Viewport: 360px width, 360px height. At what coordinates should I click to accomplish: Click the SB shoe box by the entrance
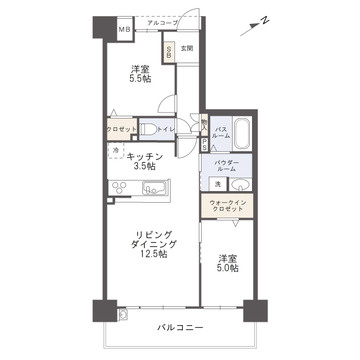pos(170,50)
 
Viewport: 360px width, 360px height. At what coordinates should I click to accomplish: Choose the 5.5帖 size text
pos(140,82)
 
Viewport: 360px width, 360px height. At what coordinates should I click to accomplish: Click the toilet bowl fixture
pos(147,128)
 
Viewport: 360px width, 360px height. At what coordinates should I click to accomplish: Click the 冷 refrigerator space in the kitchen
pos(116,151)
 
